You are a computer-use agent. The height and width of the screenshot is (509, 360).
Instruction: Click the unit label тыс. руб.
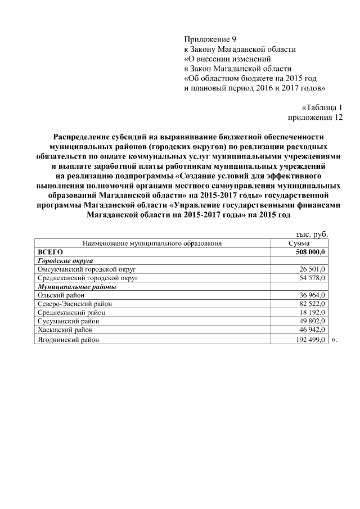312,235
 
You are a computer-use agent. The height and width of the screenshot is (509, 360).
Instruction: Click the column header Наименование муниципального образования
152,244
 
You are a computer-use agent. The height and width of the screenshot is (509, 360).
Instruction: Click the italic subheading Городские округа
65,261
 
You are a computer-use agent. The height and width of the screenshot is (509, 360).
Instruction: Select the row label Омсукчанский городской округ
87,269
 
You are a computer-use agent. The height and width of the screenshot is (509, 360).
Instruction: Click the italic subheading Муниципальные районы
76,286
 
